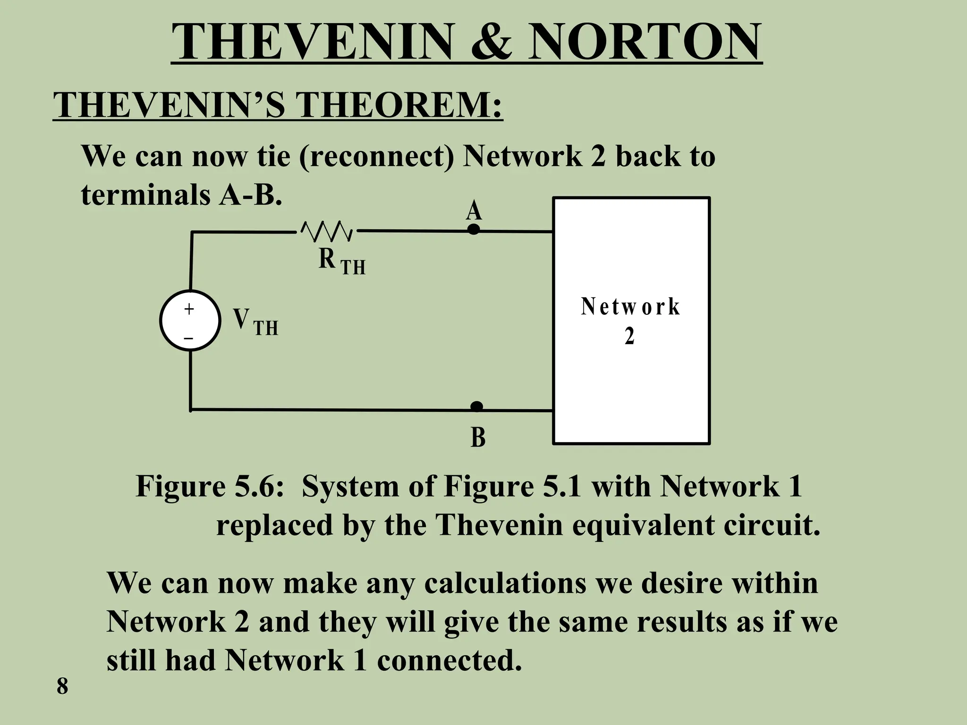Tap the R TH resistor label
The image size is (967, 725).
point(341,261)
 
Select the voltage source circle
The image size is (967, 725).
point(190,321)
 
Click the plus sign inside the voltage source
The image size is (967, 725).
point(189,309)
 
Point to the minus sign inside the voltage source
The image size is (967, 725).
point(189,338)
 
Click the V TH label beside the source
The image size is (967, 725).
point(255,322)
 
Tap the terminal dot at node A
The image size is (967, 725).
point(473,229)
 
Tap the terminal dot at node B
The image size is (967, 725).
point(476,406)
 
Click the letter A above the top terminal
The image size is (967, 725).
point(474,211)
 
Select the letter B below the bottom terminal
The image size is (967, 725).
point(478,438)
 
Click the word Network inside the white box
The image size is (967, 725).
point(630,307)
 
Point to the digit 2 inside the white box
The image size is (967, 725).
point(629,337)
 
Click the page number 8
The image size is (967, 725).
point(62,686)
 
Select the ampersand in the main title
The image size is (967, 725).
point(490,42)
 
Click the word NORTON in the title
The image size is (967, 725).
point(644,42)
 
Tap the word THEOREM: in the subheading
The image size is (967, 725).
point(399,104)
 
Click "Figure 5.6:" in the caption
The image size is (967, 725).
point(210,486)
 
